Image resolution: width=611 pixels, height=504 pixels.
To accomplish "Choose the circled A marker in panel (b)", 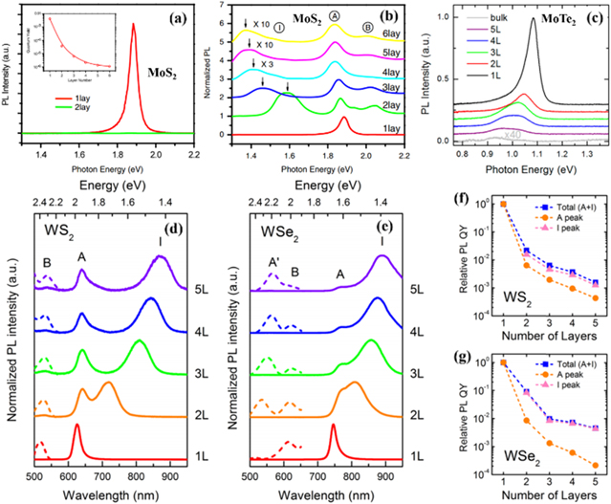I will [x=334, y=16].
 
